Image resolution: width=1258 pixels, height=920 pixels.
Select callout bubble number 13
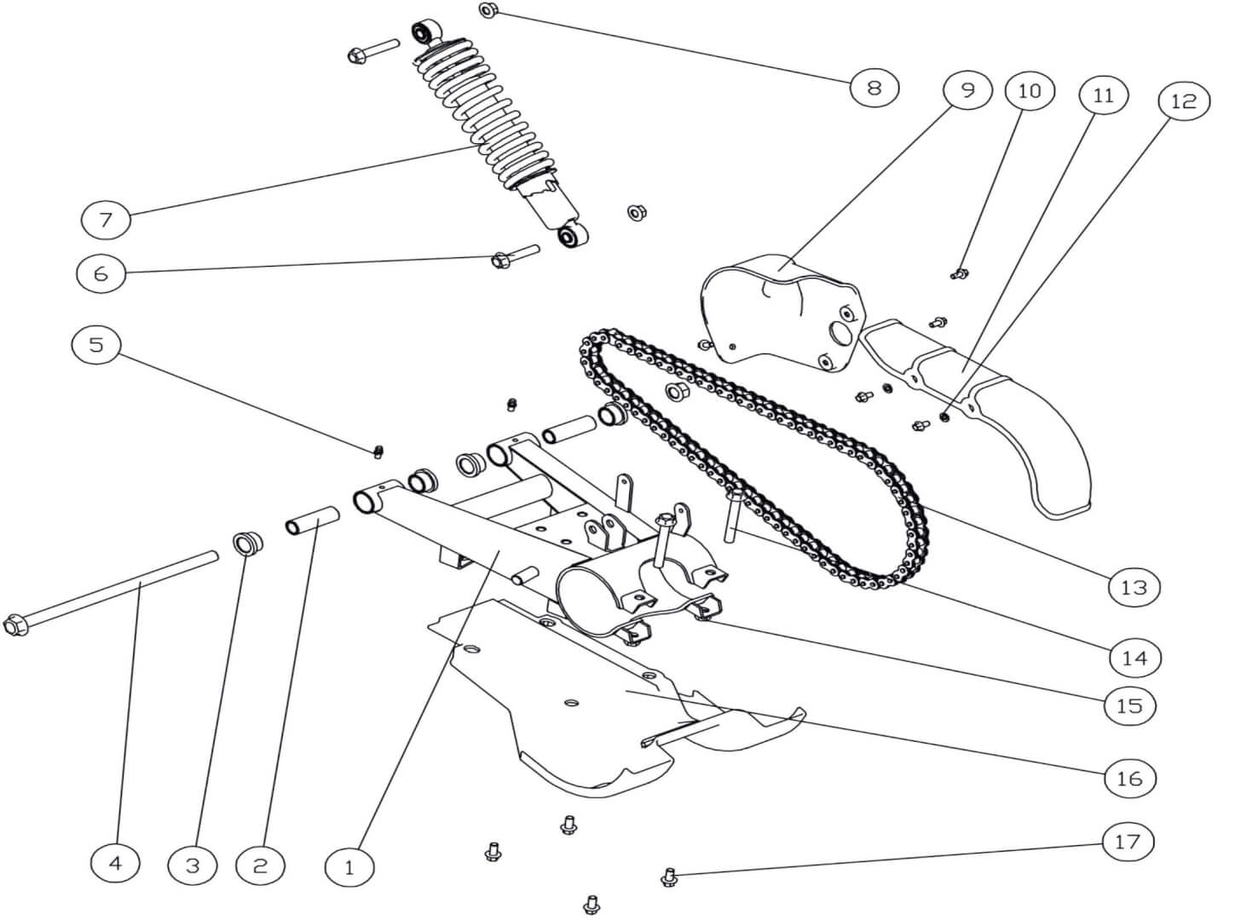point(1134,587)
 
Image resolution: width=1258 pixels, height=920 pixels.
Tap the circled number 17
point(1128,842)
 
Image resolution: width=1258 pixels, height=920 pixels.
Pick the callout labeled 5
point(96,345)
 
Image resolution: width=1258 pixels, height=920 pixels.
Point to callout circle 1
point(349,868)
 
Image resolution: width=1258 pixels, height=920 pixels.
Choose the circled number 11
point(1103,95)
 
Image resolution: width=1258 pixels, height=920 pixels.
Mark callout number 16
point(1129,778)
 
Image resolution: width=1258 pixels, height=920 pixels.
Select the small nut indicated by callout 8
point(488,11)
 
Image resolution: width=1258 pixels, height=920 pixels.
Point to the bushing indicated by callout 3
point(247,542)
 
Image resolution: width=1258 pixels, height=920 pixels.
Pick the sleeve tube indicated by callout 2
point(313,521)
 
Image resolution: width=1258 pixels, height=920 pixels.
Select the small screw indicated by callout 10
point(960,273)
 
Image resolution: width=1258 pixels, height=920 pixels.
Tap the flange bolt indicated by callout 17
point(669,877)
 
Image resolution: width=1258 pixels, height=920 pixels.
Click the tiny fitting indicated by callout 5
point(380,450)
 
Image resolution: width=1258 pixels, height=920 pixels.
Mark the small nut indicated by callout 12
point(944,417)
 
